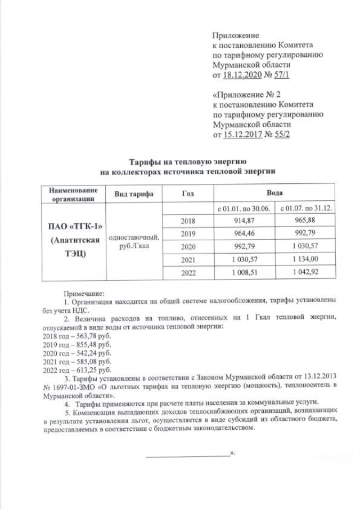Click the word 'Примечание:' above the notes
84,293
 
